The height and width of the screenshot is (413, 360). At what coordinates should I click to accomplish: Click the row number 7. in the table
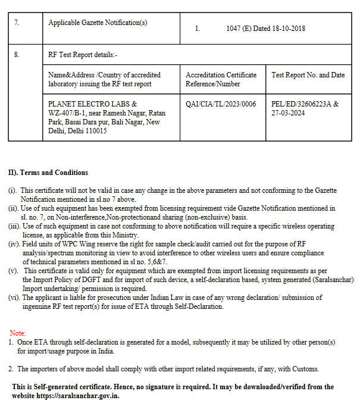(17, 23)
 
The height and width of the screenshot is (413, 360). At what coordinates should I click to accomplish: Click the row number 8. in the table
(17, 54)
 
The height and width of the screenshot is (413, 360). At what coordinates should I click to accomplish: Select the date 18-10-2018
(288, 28)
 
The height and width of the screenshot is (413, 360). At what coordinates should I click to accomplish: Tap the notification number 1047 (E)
(238, 28)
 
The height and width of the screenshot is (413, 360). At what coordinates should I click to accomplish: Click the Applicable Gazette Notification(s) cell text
(98, 23)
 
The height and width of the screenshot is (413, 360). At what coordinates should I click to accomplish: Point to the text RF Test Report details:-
(83, 54)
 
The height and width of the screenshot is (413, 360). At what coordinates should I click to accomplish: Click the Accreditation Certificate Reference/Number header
(221, 79)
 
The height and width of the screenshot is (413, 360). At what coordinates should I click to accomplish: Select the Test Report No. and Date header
(308, 75)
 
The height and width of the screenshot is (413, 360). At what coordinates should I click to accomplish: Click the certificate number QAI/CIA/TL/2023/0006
(221, 104)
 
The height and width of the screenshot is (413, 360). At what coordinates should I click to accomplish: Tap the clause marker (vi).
(14, 298)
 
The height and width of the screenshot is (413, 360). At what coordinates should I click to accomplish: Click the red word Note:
(18, 333)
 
